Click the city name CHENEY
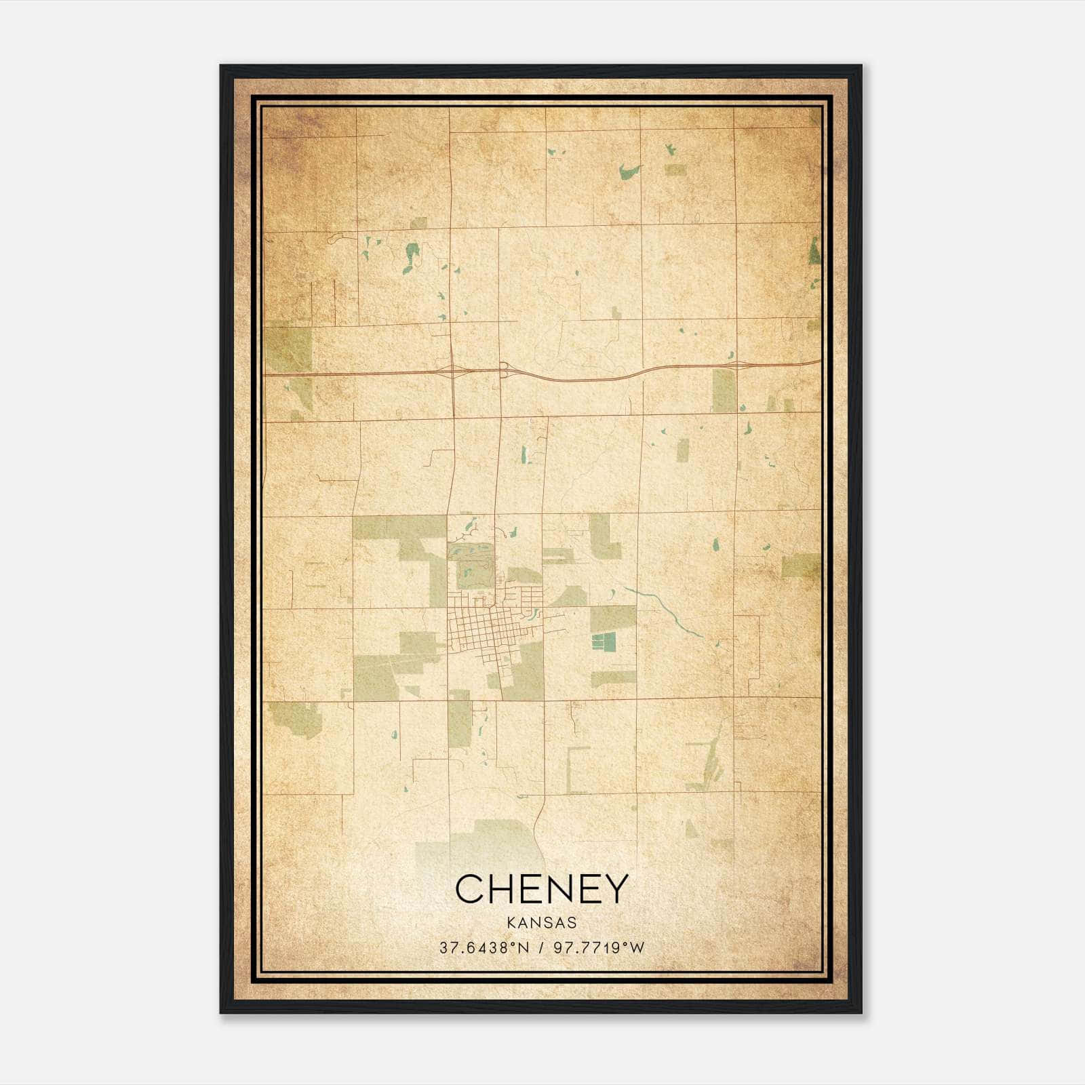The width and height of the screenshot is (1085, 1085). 541,888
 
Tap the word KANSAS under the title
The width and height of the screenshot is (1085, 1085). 541,923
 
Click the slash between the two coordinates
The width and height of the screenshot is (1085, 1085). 540,948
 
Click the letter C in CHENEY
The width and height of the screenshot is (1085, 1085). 471,888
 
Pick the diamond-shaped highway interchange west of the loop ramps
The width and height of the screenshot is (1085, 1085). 452,370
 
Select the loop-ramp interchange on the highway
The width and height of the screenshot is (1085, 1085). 503,370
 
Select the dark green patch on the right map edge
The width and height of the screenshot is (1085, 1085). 814,251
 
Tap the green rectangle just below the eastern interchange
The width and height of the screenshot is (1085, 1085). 724,391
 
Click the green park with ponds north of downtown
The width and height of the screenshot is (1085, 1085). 471,566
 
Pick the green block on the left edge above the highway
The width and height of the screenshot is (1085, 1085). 288,349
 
